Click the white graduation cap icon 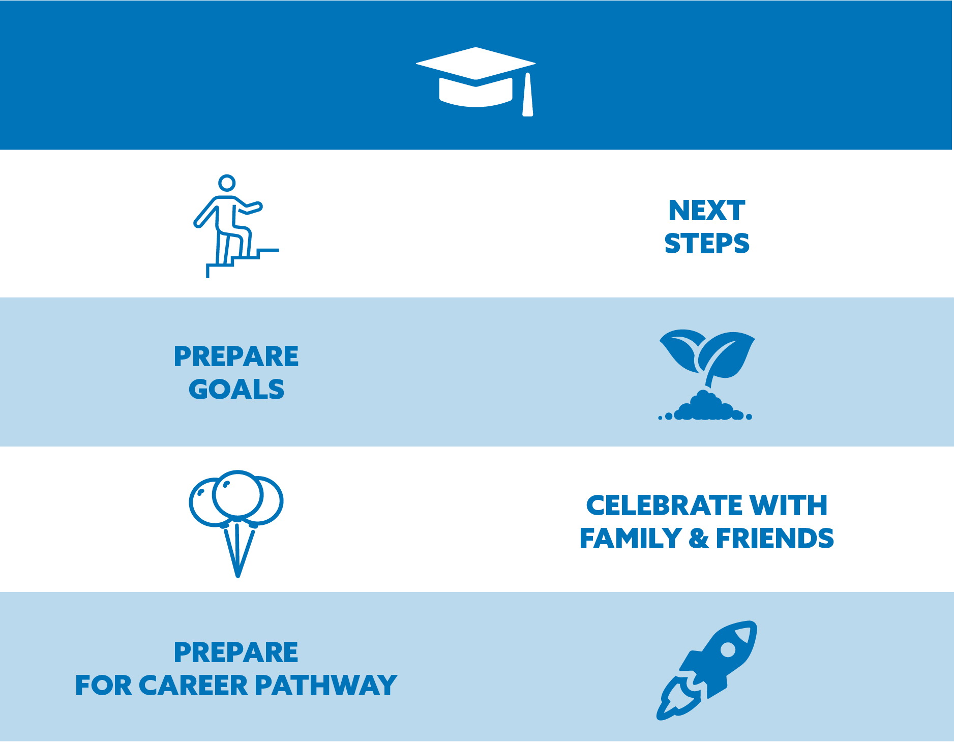click(476, 81)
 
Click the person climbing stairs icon click(236, 226)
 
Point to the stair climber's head click(227, 183)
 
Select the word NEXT click(707, 211)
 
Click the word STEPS click(707, 243)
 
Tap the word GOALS click(236, 390)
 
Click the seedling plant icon click(706, 375)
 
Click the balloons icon click(236, 523)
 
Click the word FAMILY click(631, 539)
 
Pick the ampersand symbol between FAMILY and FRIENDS click(699, 539)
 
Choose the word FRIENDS click(775, 539)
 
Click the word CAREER click(193, 686)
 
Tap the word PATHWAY click(326, 686)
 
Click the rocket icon click(707, 670)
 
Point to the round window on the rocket click(728, 650)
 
